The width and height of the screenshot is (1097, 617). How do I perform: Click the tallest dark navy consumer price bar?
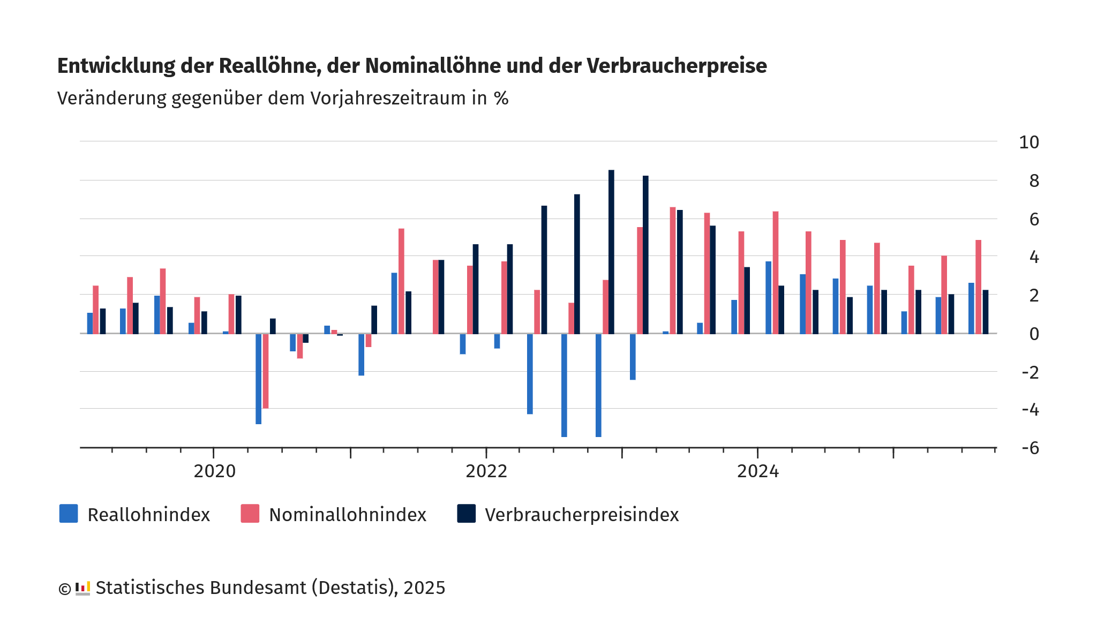click(611, 252)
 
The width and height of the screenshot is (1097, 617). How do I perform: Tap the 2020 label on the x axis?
click(214, 471)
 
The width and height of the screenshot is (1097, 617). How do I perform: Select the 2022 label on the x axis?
click(486, 471)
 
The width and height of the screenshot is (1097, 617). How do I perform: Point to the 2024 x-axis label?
click(758, 471)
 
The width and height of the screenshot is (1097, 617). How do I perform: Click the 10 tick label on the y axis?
click(1029, 142)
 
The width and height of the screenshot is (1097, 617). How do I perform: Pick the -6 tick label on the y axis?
click(1030, 448)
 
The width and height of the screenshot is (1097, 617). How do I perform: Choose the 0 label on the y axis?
click(1034, 334)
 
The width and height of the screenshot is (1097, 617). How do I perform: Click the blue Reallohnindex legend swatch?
click(69, 514)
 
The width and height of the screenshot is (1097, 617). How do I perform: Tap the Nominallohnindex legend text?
click(348, 515)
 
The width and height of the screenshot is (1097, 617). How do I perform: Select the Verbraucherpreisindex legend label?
click(582, 515)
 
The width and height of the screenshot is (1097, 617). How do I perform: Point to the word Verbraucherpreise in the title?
click(677, 66)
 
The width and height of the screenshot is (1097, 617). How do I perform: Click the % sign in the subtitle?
click(501, 99)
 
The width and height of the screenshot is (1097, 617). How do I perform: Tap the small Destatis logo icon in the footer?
click(82, 588)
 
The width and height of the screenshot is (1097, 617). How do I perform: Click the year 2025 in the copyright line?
click(424, 588)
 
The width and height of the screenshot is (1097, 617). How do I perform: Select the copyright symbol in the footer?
click(64, 589)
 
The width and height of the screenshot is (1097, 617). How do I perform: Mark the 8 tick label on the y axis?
click(1034, 181)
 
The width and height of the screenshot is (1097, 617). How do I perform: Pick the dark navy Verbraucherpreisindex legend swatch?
click(466, 514)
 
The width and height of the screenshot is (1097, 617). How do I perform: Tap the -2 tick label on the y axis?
click(1030, 372)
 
